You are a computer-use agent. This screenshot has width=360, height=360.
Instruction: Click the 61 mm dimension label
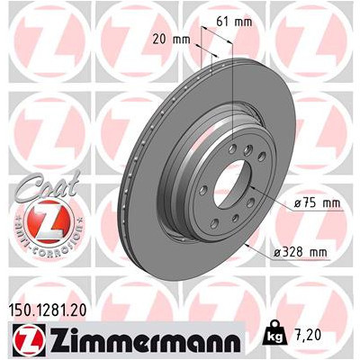pyautogui.click(x=234, y=22)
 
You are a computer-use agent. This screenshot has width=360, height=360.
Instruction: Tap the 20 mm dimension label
pyautogui.click(x=171, y=40)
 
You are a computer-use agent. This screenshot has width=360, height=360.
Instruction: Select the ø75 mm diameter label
pyautogui.click(x=317, y=203)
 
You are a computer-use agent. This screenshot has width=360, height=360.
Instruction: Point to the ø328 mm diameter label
pyautogui.click(x=301, y=252)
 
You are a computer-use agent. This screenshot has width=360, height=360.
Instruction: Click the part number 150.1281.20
pyautogui.click(x=46, y=310)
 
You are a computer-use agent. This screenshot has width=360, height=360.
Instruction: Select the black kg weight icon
pyautogui.click(x=275, y=332)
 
